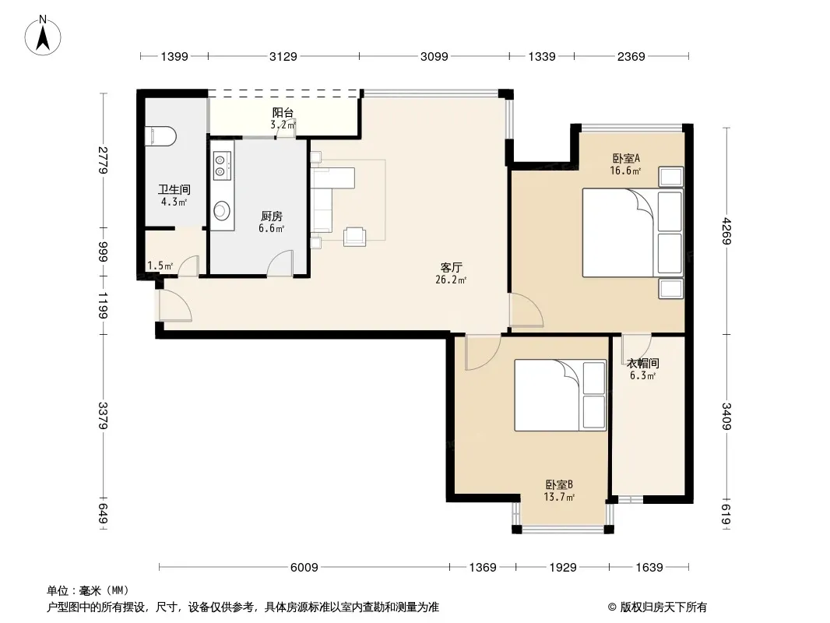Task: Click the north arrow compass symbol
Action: coord(43,36)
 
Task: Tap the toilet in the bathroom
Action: coord(160,136)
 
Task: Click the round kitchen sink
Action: coord(222,211)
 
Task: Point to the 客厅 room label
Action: coord(451,267)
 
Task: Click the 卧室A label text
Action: coord(626,158)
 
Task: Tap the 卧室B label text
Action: coord(559,484)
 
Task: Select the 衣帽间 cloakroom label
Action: coord(642,363)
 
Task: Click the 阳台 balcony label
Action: coord(283,113)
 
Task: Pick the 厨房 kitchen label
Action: coord(272,216)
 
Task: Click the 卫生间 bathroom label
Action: coord(174,189)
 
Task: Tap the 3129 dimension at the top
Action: coord(283,56)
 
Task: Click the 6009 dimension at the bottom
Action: coord(304,568)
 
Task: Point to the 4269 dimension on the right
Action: coord(726,231)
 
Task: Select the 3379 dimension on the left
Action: coord(103,416)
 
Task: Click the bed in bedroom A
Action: coord(632,232)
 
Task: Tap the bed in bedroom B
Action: coord(560,396)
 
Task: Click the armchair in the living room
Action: coord(354,237)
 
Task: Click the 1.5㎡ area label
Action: coord(160,266)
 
